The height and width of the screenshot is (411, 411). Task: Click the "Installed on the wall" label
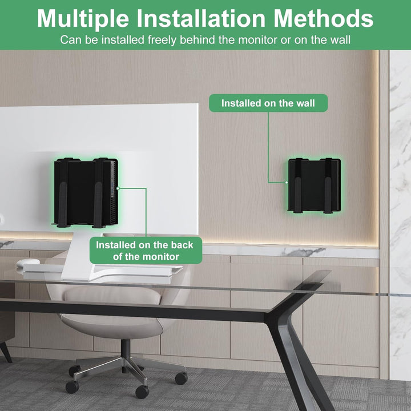(267, 103)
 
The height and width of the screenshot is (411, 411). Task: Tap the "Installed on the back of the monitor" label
(144, 251)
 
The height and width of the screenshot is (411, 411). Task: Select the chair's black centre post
(123, 349)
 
